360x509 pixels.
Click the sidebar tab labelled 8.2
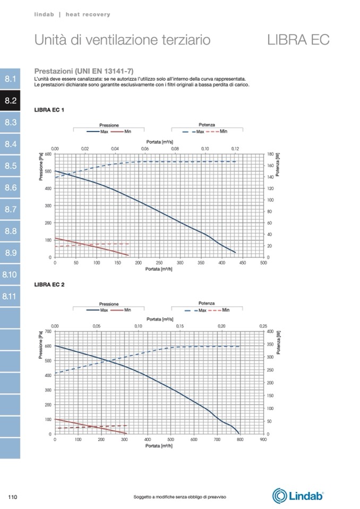point(11,100)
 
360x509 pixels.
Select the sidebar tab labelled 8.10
point(11,274)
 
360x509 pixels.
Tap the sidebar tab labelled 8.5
point(11,166)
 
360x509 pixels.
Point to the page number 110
point(13,497)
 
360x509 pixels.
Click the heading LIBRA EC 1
point(49,110)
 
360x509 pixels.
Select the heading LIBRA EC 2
point(49,285)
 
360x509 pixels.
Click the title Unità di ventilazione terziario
point(122,40)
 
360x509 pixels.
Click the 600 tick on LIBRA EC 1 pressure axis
point(49,154)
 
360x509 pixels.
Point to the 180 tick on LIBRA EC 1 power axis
point(270,154)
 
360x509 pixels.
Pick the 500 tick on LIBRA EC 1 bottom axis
point(263,262)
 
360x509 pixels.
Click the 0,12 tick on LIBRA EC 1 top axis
point(235,149)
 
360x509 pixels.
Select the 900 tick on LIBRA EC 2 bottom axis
point(263,439)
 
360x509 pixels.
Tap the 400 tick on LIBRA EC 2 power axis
point(270,331)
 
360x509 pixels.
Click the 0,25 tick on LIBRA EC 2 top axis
point(263,326)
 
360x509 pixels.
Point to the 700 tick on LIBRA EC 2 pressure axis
point(49,331)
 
